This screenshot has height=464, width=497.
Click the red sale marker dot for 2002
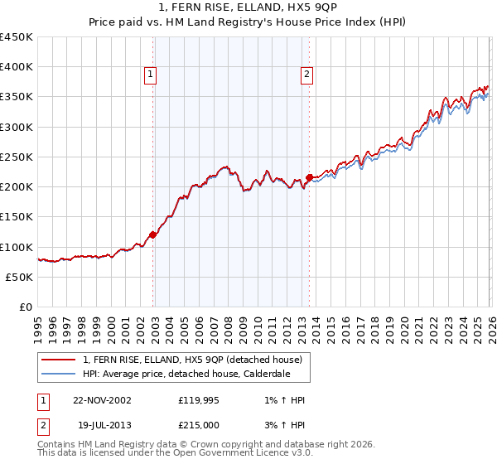click(x=153, y=235)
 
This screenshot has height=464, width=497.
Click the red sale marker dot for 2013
click(x=309, y=177)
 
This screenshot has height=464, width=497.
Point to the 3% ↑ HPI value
click(x=278, y=424)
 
